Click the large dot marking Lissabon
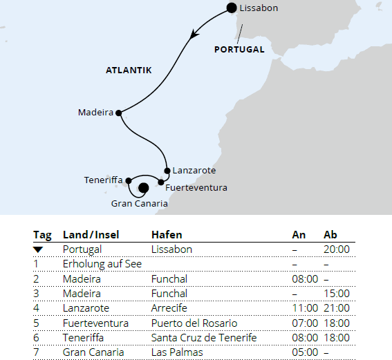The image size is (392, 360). point(232,8)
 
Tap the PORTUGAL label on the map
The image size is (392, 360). point(239,50)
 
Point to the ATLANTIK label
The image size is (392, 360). point(129,70)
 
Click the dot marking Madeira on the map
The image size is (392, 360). point(119,113)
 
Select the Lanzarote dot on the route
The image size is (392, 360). point(167,170)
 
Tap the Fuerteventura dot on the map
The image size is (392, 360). point(161,182)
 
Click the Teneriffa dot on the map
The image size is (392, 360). point(129,180)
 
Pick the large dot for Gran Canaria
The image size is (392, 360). point(143,187)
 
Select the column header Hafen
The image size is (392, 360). point(166,235)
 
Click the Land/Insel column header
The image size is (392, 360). point(91,235)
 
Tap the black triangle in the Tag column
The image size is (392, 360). point(39,249)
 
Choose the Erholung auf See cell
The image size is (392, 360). point(96,264)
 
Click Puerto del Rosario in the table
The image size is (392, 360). point(194,323)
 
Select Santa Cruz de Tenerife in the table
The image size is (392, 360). point(204,337)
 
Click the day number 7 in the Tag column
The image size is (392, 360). point(37,352)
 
